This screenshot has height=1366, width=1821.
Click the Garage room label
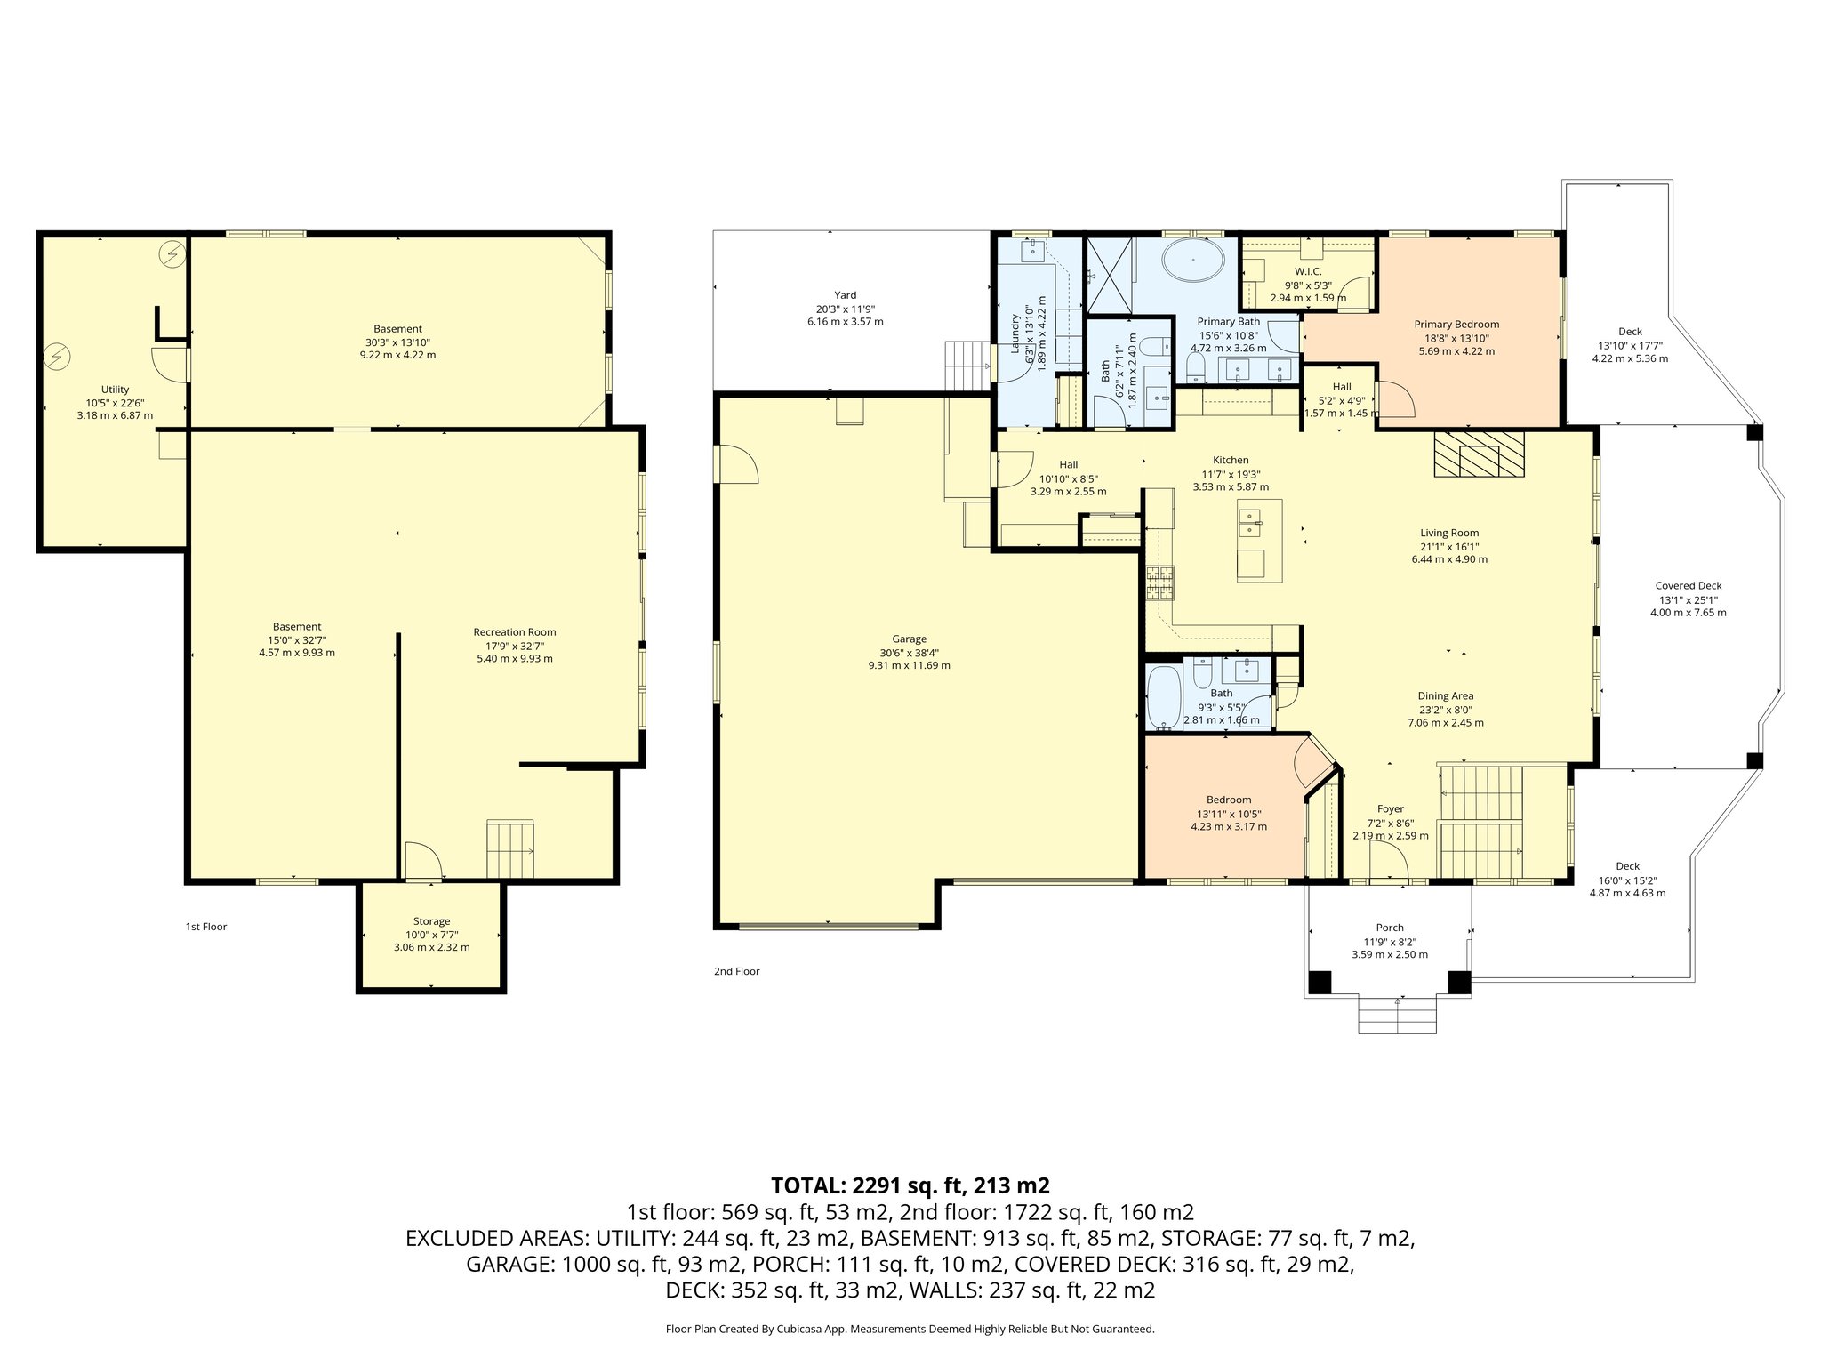coord(909,639)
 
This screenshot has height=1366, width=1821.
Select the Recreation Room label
coord(515,632)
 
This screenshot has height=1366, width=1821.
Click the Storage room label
coord(431,921)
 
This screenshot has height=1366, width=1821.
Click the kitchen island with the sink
coord(1259,539)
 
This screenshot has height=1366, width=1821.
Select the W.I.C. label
coord(1307,271)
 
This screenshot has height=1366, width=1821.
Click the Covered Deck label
coord(1688,586)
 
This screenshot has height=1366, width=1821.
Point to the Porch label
coord(1389,928)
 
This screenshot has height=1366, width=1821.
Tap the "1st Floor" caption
coord(205,927)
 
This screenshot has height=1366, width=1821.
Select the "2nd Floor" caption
coord(736,971)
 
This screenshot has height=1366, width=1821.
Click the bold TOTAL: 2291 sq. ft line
coord(910,1185)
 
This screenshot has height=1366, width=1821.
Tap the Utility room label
coord(115,390)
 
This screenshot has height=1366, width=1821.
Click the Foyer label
coord(1390,809)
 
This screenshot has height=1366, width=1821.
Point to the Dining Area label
coord(1445,696)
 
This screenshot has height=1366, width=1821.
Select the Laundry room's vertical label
coord(1015,333)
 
